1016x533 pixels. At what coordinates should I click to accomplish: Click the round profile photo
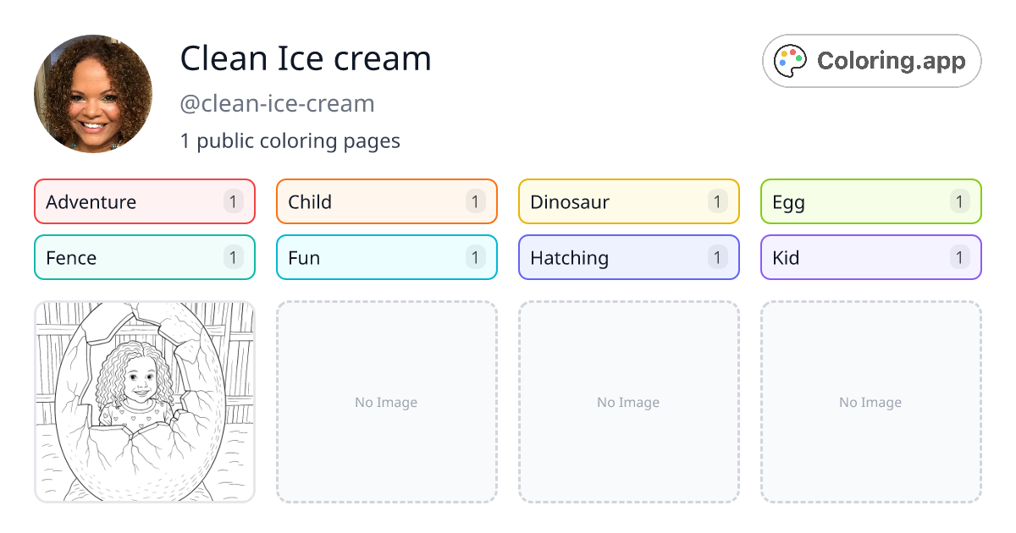[93, 94]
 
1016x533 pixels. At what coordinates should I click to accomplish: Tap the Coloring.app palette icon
[791, 61]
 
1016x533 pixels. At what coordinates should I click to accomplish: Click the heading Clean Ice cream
[306, 58]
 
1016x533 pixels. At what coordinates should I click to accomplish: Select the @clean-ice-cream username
[277, 104]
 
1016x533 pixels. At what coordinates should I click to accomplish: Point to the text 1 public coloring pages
[290, 140]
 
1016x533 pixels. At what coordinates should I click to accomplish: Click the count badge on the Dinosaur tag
[717, 202]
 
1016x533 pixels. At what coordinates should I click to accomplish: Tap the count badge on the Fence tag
[233, 258]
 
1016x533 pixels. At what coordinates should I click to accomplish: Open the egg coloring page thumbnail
[145, 402]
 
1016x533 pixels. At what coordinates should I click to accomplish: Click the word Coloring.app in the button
[891, 61]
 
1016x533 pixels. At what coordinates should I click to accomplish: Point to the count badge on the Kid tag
[959, 258]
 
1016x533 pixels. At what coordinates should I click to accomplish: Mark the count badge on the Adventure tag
[233, 202]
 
